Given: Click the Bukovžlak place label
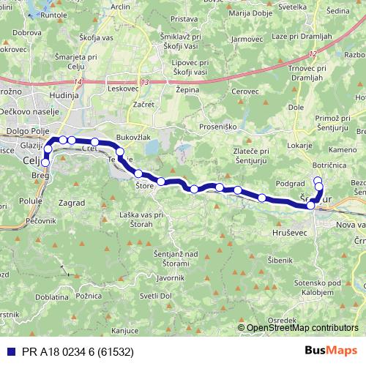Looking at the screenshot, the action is pos(134,136).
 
